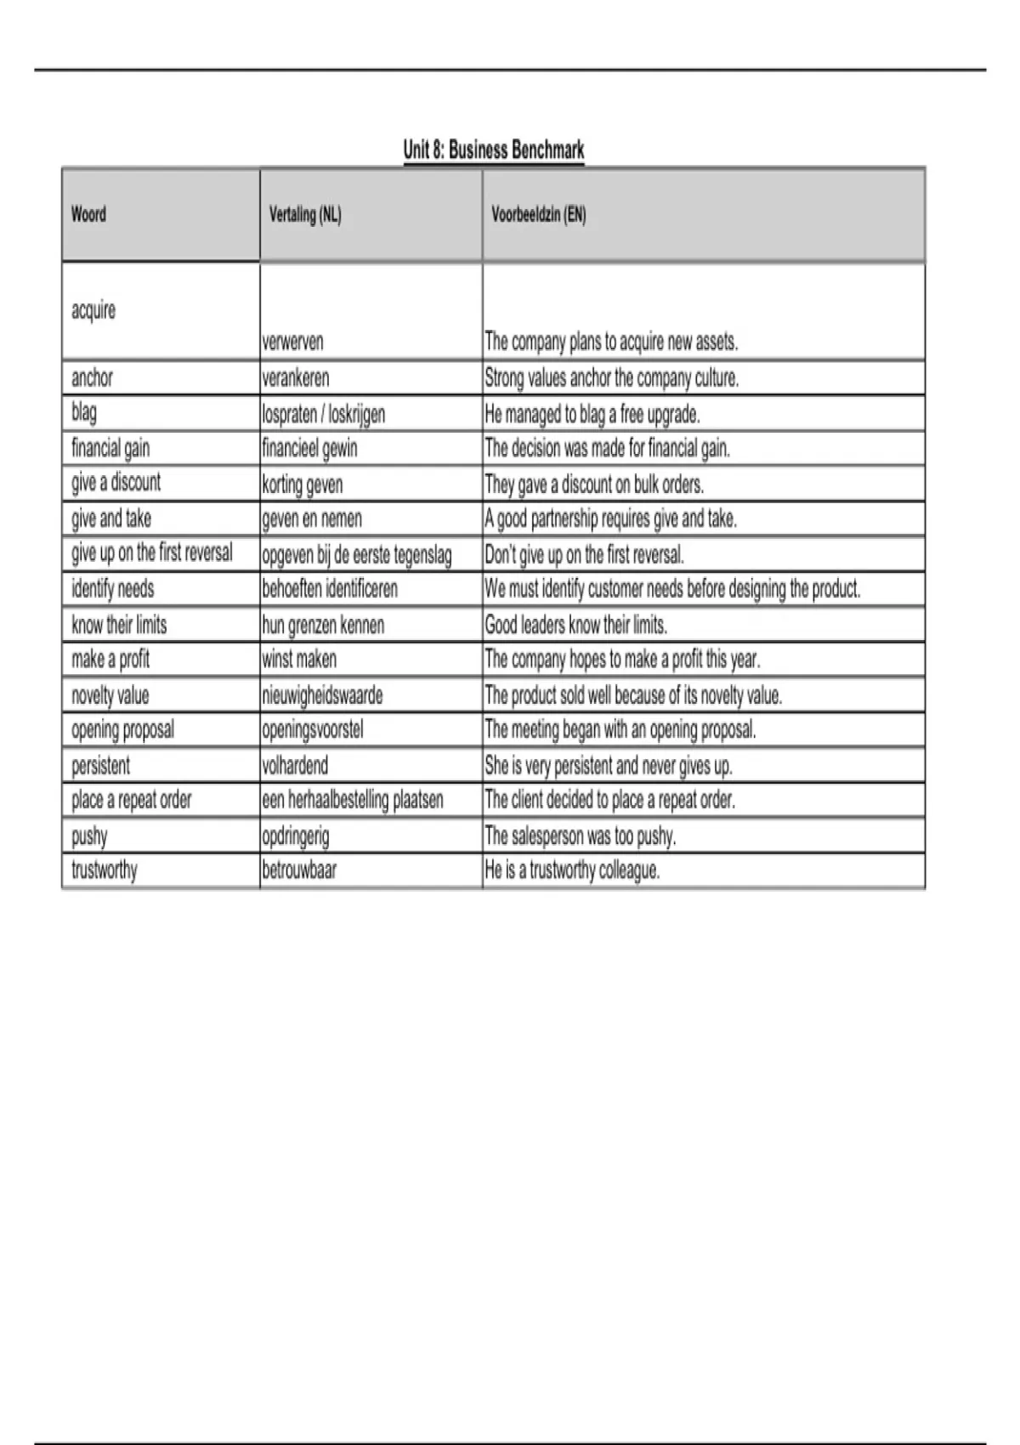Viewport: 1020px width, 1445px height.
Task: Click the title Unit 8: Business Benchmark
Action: coord(494,150)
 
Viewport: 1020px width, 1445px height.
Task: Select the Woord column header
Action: coord(88,214)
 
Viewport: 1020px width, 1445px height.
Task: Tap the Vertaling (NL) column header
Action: coord(305,215)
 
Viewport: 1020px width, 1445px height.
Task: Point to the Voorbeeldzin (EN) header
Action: coord(538,214)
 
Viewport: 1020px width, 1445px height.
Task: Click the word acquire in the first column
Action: coord(93,310)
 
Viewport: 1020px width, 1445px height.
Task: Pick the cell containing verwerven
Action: coord(293,342)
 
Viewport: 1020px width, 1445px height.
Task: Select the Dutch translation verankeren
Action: coord(296,377)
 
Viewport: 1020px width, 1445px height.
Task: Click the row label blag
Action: coord(84,413)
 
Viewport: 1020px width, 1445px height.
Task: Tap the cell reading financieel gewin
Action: coord(309,448)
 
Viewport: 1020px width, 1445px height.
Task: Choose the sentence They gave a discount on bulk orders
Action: coord(594,484)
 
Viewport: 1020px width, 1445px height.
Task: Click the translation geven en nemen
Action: coord(312,518)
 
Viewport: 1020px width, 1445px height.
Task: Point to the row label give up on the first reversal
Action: coord(151,553)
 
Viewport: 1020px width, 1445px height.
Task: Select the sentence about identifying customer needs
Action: coord(672,589)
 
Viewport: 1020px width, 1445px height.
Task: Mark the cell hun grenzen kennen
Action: coord(323,626)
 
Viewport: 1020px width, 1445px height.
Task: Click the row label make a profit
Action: coord(110,660)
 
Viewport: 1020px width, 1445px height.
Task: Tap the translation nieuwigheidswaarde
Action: coord(322,695)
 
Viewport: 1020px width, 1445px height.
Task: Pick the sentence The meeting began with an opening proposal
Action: coord(620,729)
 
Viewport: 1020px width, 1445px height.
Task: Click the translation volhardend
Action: coord(295,766)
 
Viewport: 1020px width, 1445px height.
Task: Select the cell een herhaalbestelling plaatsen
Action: coord(353,800)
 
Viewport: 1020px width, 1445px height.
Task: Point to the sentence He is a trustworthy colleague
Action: coord(572,870)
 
